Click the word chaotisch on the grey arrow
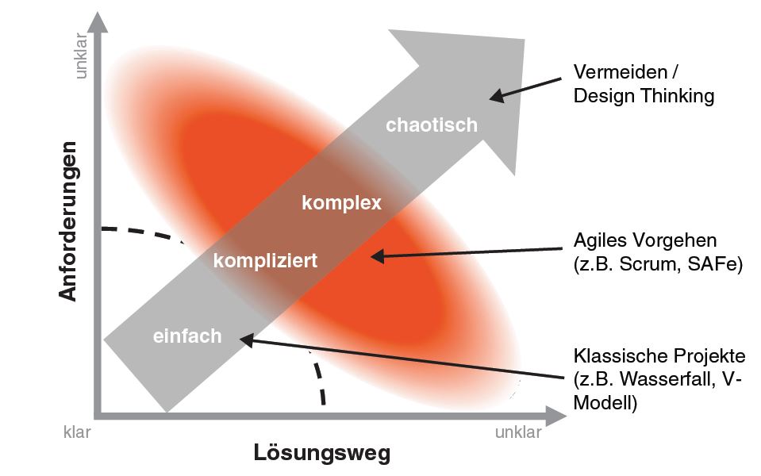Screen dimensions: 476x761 coord(432,125)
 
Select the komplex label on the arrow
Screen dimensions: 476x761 coord(341,203)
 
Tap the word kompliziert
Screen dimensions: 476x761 coord(265,260)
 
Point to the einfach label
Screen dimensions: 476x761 coord(186,336)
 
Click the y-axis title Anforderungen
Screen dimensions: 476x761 coord(70,221)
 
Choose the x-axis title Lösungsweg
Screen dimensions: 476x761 coord(322,454)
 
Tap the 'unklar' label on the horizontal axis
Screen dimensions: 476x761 coord(518,432)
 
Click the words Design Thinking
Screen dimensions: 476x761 coord(644,96)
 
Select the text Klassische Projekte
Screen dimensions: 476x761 coord(659,355)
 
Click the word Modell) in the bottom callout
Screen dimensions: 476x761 coord(605,402)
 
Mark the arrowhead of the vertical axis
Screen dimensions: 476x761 coord(98,19)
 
